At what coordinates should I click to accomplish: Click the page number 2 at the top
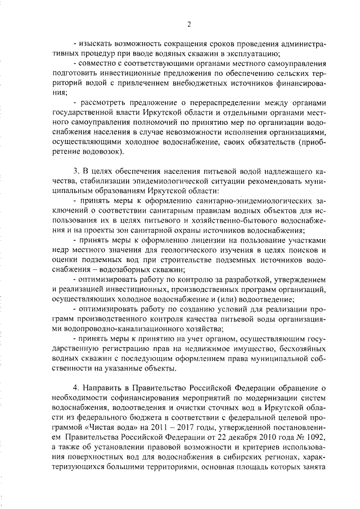click(x=189, y=24)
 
